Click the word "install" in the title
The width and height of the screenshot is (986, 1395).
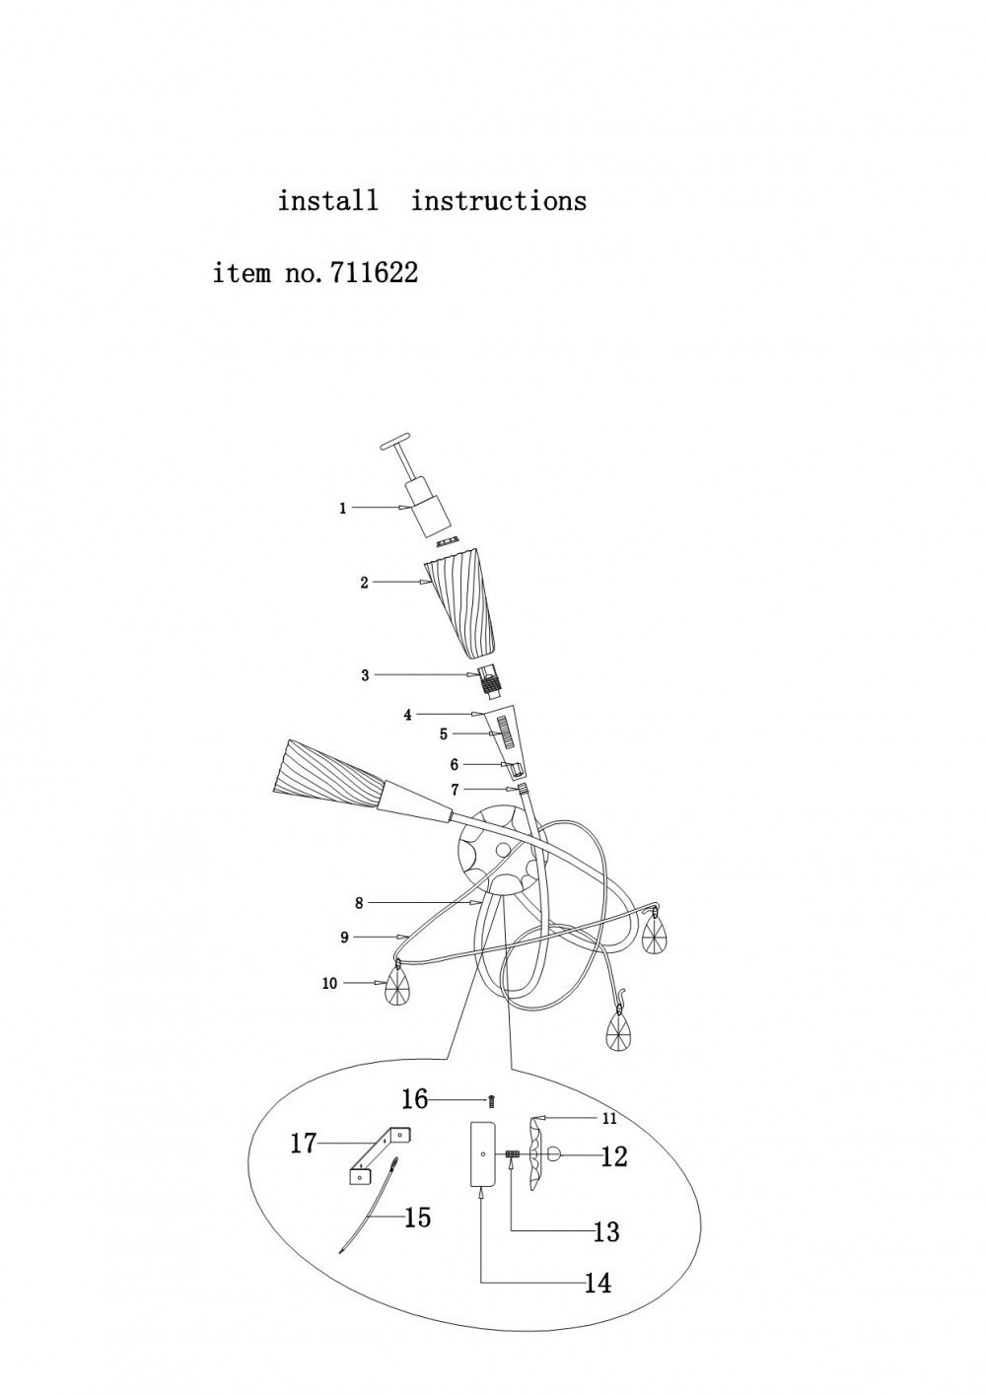(327, 201)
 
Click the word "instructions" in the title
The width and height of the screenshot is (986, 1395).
(498, 201)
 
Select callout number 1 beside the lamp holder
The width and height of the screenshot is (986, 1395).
(343, 509)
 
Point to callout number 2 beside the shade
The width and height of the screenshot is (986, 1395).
(364, 583)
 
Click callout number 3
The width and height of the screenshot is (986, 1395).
(365, 675)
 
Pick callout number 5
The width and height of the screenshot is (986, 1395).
(444, 734)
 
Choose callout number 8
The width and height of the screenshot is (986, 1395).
(360, 902)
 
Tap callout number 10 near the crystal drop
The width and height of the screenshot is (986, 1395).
(329, 983)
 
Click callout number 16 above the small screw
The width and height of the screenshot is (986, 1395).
(414, 1099)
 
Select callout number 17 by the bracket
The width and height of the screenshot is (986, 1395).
(303, 1144)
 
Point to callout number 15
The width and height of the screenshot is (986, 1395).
(418, 1219)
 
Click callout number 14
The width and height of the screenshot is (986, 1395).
(598, 1283)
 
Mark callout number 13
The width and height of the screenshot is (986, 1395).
(605, 1231)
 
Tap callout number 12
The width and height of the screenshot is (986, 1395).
(613, 1156)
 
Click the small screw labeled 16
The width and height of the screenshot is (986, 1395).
(491, 1101)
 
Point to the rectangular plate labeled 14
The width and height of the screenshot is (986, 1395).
(481, 1152)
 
